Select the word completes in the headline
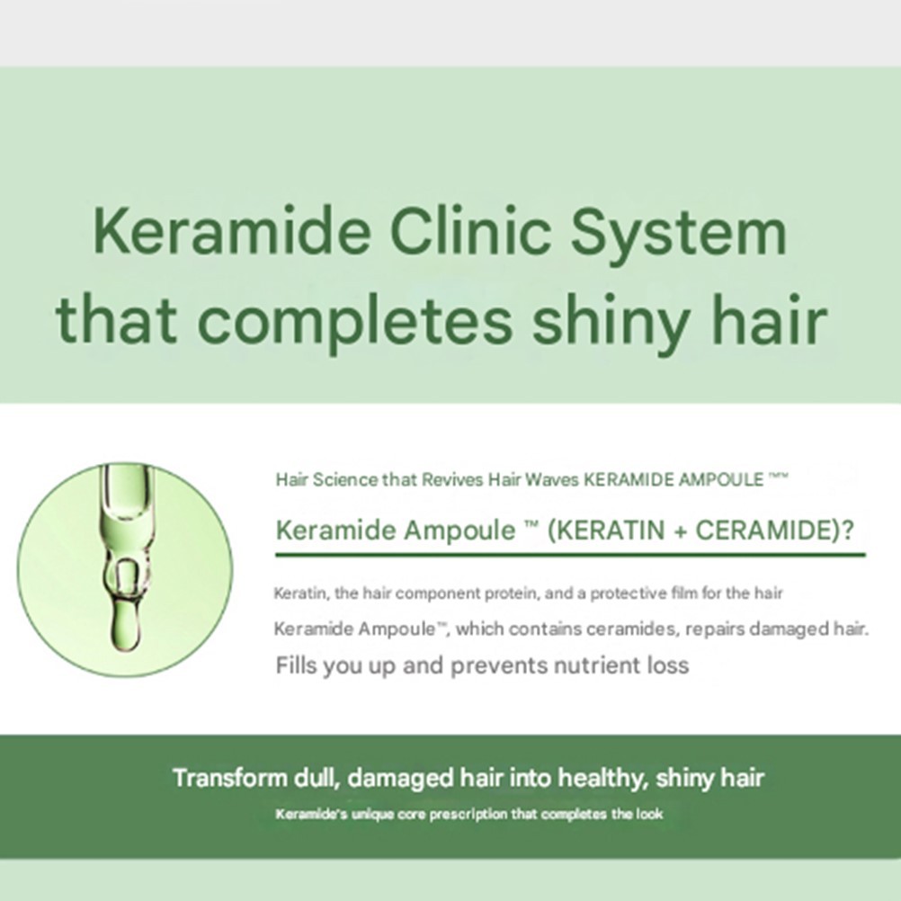tap(354, 321)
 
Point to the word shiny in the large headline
tap(609, 321)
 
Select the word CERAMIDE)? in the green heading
tap(774, 530)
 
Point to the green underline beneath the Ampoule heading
tap(570, 555)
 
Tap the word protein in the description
tap(512, 593)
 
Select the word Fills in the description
tap(297, 665)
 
